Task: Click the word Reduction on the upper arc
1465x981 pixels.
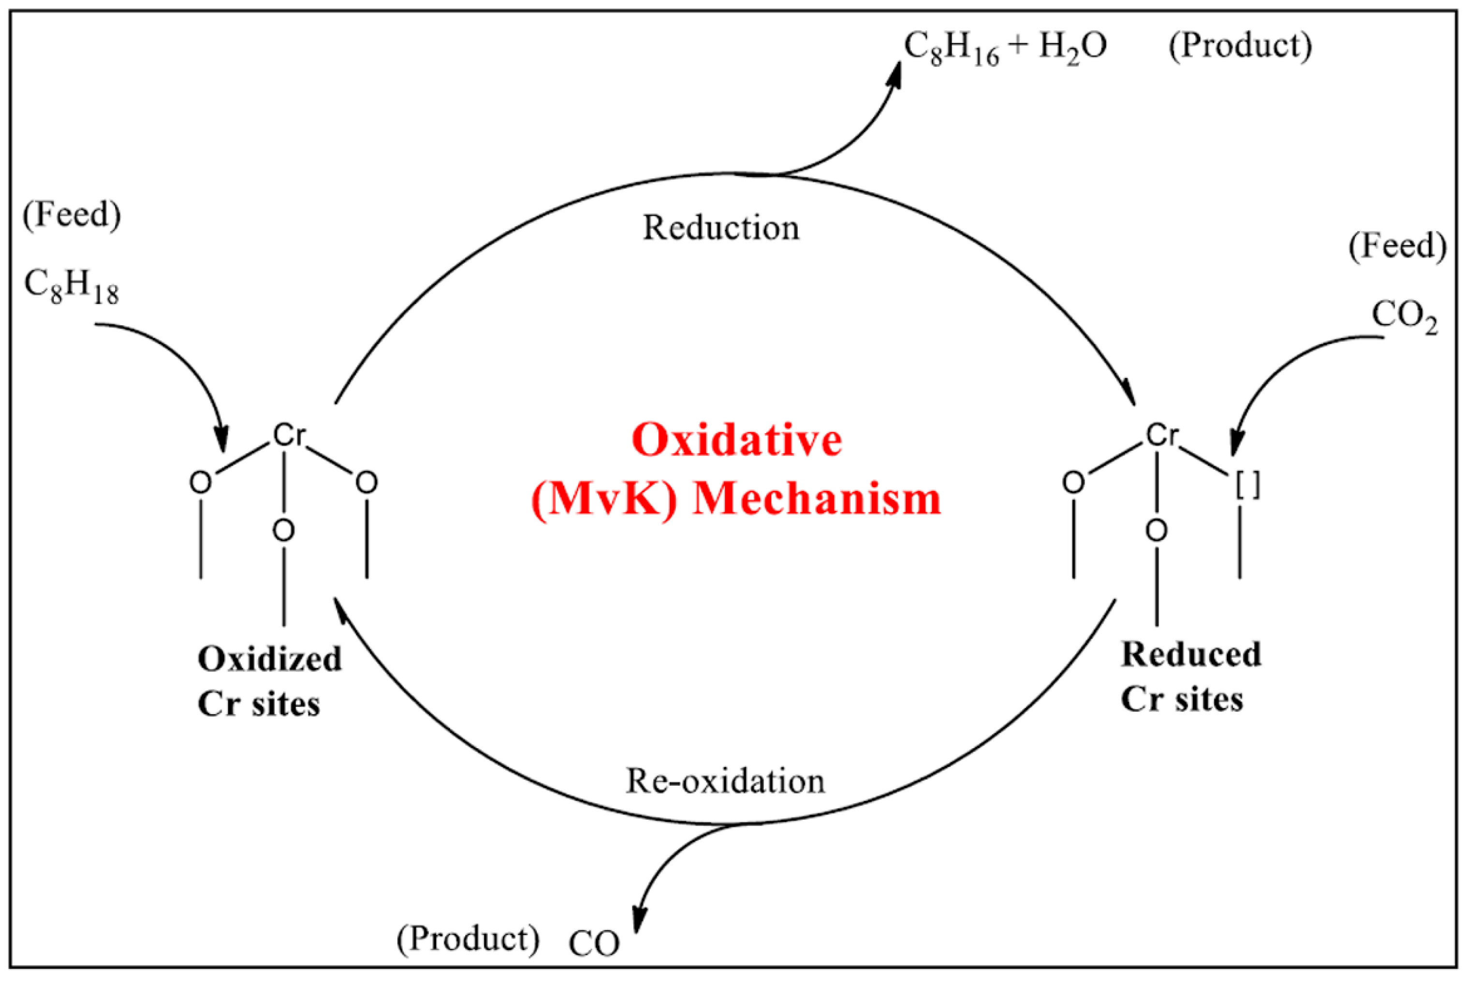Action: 721,228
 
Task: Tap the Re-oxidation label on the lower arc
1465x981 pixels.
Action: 725,781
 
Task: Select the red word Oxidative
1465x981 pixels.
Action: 736,440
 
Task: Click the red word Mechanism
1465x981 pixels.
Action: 816,499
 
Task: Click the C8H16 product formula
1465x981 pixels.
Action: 951,47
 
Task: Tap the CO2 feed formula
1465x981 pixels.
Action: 1404,317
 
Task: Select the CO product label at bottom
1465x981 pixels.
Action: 593,943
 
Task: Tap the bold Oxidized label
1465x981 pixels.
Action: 270,659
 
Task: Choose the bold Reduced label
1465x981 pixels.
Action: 1190,655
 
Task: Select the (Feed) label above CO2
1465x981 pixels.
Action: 1397,246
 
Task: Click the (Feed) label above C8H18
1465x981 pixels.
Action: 72,215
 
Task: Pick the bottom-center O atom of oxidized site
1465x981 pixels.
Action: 283,531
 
